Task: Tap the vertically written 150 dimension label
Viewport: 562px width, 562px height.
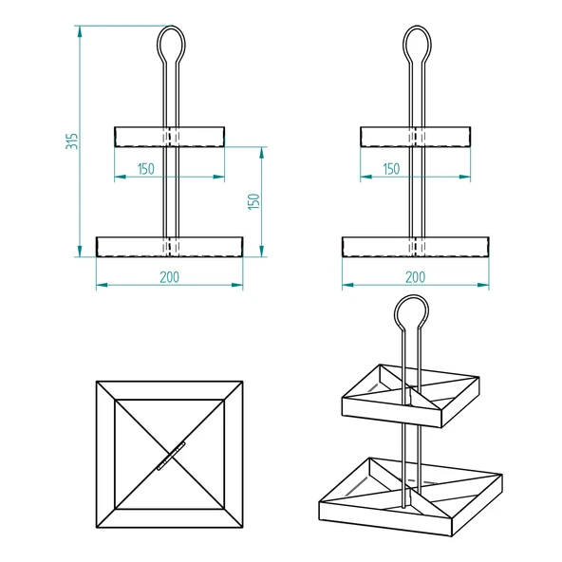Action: [x=253, y=201]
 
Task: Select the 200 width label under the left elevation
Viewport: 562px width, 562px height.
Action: [x=170, y=276]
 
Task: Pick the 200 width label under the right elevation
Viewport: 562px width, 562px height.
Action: [x=415, y=276]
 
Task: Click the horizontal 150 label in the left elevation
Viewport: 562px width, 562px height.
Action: [x=146, y=169]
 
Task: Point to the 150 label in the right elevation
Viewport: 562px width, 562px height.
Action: [x=391, y=169]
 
